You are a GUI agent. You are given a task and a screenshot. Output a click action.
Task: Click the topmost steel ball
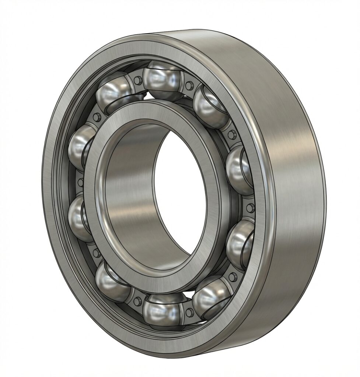point(162,79)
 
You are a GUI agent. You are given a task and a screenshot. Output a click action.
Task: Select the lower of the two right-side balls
point(240,243)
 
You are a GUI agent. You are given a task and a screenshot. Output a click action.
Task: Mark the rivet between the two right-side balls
point(250,208)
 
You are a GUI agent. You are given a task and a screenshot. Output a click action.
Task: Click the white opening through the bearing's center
point(181,191)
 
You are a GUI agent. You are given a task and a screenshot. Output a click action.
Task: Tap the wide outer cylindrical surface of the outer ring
point(291,184)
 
